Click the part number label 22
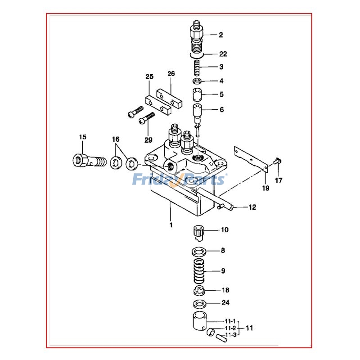click(x=223, y=54)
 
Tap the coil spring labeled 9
click(x=198, y=271)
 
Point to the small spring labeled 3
click(x=197, y=68)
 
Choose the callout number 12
click(x=252, y=207)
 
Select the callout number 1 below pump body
click(x=171, y=224)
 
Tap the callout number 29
click(x=148, y=140)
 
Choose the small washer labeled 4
click(x=197, y=81)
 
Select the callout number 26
click(x=171, y=73)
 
